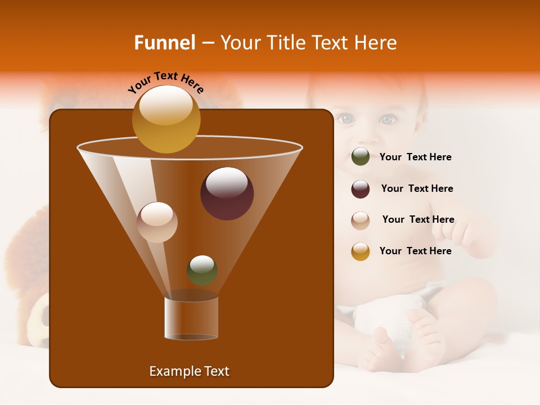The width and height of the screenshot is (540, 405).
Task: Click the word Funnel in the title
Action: point(165,43)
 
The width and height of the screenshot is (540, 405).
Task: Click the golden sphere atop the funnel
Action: point(166,119)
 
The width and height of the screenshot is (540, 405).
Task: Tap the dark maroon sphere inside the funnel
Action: point(227,193)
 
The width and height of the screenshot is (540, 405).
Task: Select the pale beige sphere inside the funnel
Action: point(157,222)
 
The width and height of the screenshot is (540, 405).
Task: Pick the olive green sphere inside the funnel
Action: point(202,270)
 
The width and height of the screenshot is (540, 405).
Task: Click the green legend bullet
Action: point(361,157)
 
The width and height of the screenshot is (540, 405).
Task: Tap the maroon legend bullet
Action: point(361,189)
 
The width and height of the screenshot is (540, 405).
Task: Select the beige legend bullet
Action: point(361,220)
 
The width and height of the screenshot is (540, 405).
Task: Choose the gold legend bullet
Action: point(361,251)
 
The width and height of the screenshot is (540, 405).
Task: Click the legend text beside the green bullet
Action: point(415,157)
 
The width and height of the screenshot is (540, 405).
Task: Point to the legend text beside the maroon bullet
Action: point(417,188)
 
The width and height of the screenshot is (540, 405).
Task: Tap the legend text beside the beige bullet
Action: point(418,219)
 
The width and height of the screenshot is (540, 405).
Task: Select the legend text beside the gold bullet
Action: point(415,251)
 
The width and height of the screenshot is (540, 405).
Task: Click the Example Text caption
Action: point(189,371)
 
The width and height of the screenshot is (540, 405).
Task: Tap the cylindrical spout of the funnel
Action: point(191,318)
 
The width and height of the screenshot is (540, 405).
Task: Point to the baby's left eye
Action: point(387,119)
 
